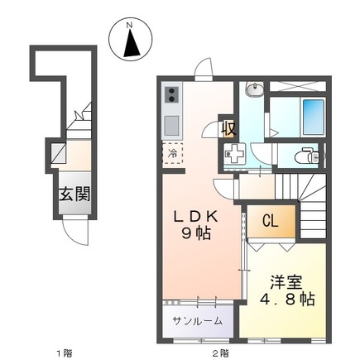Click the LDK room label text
pos(195,217)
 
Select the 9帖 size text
pos(196,233)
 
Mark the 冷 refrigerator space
pos(172,153)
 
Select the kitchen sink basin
pos(172,125)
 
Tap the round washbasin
pos(255,89)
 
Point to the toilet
pos(307,155)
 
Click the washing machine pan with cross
pos(235,155)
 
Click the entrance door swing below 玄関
pos(76,234)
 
